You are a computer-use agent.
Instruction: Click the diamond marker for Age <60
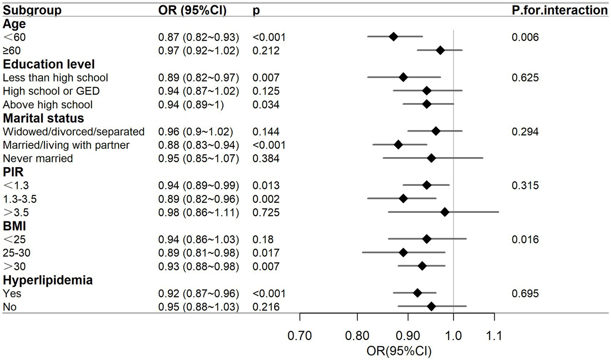tap(393, 37)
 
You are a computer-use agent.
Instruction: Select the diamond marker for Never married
tap(431, 158)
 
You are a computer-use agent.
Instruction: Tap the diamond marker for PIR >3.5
tap(445, 212)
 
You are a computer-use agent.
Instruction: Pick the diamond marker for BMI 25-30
tap(403, 253)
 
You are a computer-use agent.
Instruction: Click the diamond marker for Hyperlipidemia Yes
tap(418, 293)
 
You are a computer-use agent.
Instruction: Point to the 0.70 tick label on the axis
tap(300, 336)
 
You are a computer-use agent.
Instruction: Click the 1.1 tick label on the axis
tap(494, 336)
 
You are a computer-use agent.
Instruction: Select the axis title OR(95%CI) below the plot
tap(399, 351)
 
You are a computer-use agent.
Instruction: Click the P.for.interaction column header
tap(559, 10)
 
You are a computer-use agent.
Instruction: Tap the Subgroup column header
tap(32, 10)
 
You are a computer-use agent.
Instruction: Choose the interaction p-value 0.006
tap(525, 37)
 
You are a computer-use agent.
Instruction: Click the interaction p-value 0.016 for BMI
tap(525, 239)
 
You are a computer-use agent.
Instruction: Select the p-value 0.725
tap(266, 212)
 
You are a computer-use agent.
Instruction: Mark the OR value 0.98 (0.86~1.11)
tap(199, 212)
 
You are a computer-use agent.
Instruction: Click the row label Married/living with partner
tap(66, 145)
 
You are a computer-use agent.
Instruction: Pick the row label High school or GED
tap(51, 91)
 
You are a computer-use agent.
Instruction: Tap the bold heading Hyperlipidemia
tap(48, 280)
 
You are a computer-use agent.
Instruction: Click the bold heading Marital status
tap(43, 118)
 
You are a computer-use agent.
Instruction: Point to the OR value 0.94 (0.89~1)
tap(191, 105)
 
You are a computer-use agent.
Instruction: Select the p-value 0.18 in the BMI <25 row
tap(263, 239)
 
